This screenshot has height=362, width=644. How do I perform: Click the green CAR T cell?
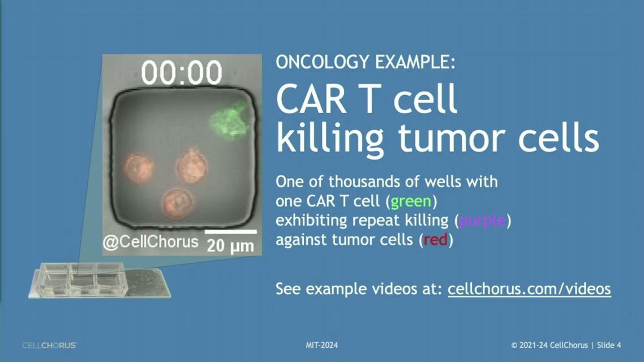[x=229, y=120]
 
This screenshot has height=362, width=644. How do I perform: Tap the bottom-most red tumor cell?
[x=178, y=202]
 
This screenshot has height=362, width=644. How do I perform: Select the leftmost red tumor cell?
[x=139, y=169]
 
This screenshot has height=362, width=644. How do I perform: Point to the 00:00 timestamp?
[x=182, y=72]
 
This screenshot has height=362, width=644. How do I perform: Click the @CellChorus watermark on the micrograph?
[x=151, y=242]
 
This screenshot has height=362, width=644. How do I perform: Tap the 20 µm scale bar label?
[x=230, y=246]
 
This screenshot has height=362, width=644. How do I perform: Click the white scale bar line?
[x=231, y=232]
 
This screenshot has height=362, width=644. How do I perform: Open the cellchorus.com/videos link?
[x=529, y=289]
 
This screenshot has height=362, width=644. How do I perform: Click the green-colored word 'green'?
[x=411, y=201]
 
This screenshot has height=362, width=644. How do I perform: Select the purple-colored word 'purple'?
[x=482, y=221]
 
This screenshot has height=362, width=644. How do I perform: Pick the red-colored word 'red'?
[x=435, y=240]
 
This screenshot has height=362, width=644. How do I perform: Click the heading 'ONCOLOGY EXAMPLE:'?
[x=366, y=62]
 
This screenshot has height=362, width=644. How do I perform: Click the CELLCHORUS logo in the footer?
[x=49, y=346]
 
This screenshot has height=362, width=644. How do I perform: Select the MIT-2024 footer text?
[x=321, y=345]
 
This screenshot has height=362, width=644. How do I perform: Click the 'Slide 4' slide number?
[x=609, y=345]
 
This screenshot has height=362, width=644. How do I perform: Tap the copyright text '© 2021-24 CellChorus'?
[x=549, y=345]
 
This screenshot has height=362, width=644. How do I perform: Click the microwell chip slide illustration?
[x=100, y=281]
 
